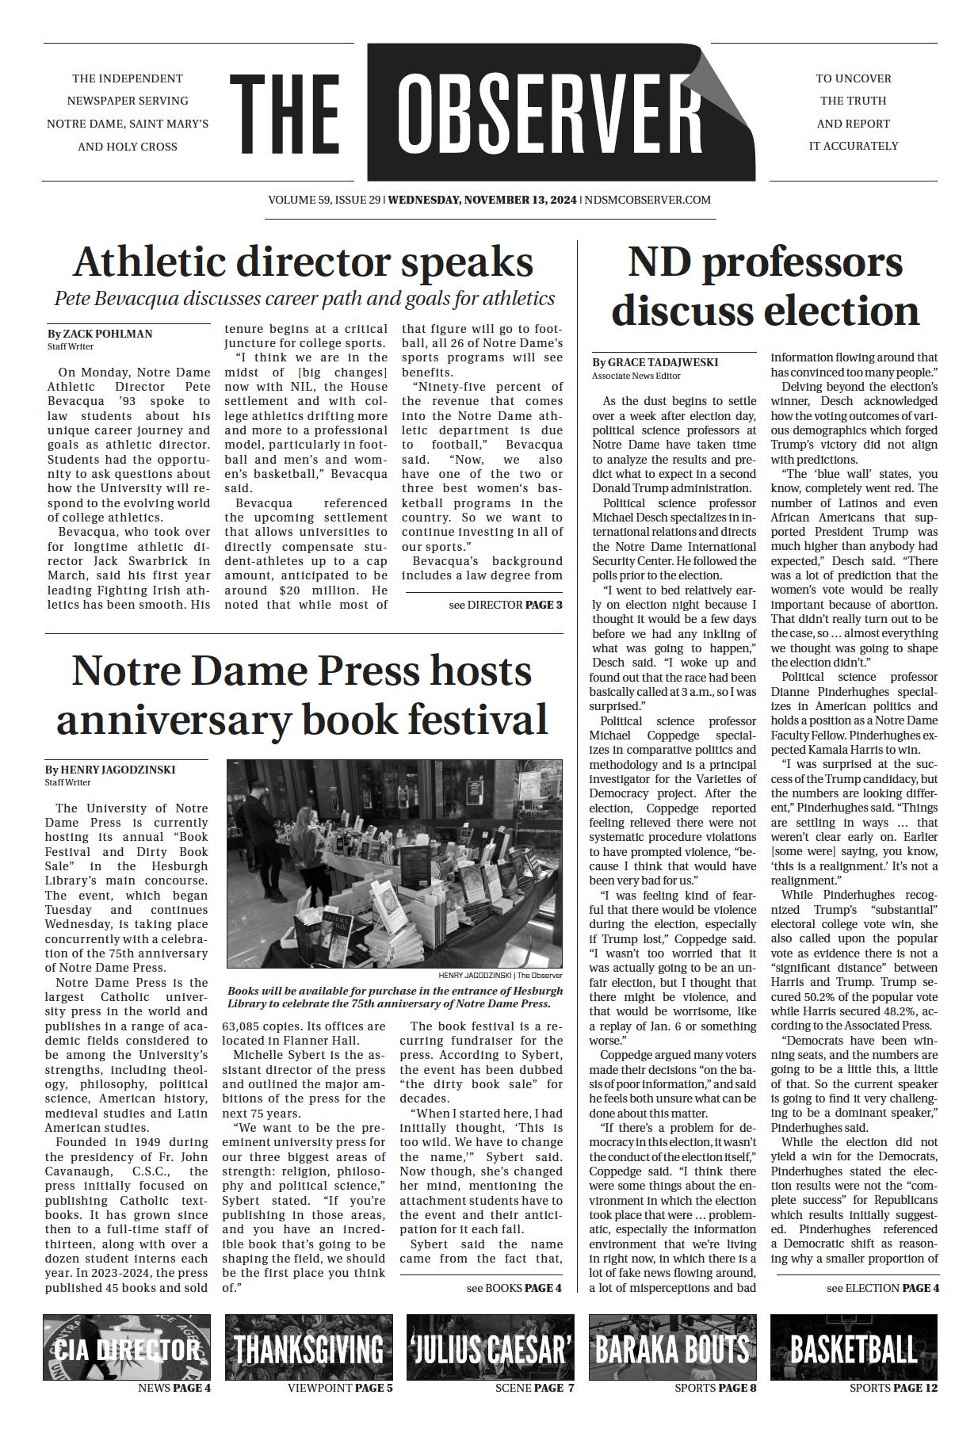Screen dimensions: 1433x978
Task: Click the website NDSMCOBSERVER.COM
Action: [648, 200]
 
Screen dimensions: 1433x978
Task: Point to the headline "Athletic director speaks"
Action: [303, 262]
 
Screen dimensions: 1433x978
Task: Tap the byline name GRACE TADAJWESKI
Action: [663, 362]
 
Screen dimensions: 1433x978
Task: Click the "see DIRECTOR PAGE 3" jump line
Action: [505, 605]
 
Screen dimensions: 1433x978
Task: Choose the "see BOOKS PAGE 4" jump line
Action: [514, 1288]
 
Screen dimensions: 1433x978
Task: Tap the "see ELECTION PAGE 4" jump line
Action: [882, 1288]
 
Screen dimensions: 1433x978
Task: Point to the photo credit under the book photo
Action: [500, 976]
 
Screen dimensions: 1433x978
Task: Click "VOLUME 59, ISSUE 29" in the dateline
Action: [324, 200]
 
